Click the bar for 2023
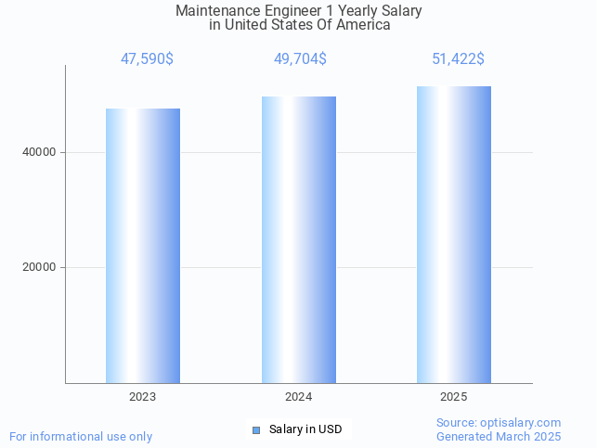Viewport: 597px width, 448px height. click(x=143, y=246)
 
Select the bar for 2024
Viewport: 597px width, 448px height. click(x=299, y=239)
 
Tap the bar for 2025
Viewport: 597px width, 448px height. click(x=454, y=235)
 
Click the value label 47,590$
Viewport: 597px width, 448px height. click(x=147, y=59)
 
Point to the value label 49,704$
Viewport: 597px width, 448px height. click(x=300, y=59)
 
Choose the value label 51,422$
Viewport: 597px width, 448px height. click(x=458, y=59)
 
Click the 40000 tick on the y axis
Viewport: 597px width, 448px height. click(x=41, y=152)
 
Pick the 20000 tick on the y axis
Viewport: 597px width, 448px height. click(x=41, y=267)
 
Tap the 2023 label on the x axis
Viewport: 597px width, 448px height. click(x=143, y=397)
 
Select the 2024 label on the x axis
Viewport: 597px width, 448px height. click(x=299, y=397)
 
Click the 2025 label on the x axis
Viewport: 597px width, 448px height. click(x=454, y=397)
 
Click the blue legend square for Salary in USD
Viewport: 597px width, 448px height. click(x=257, y=429)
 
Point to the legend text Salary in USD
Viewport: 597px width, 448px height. click(x=305, y=429)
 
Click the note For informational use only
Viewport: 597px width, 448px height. click(x=81, y=436)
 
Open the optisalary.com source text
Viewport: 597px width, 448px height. click(x=499, y=423)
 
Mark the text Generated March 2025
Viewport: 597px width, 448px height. click(x=499, y=436)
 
